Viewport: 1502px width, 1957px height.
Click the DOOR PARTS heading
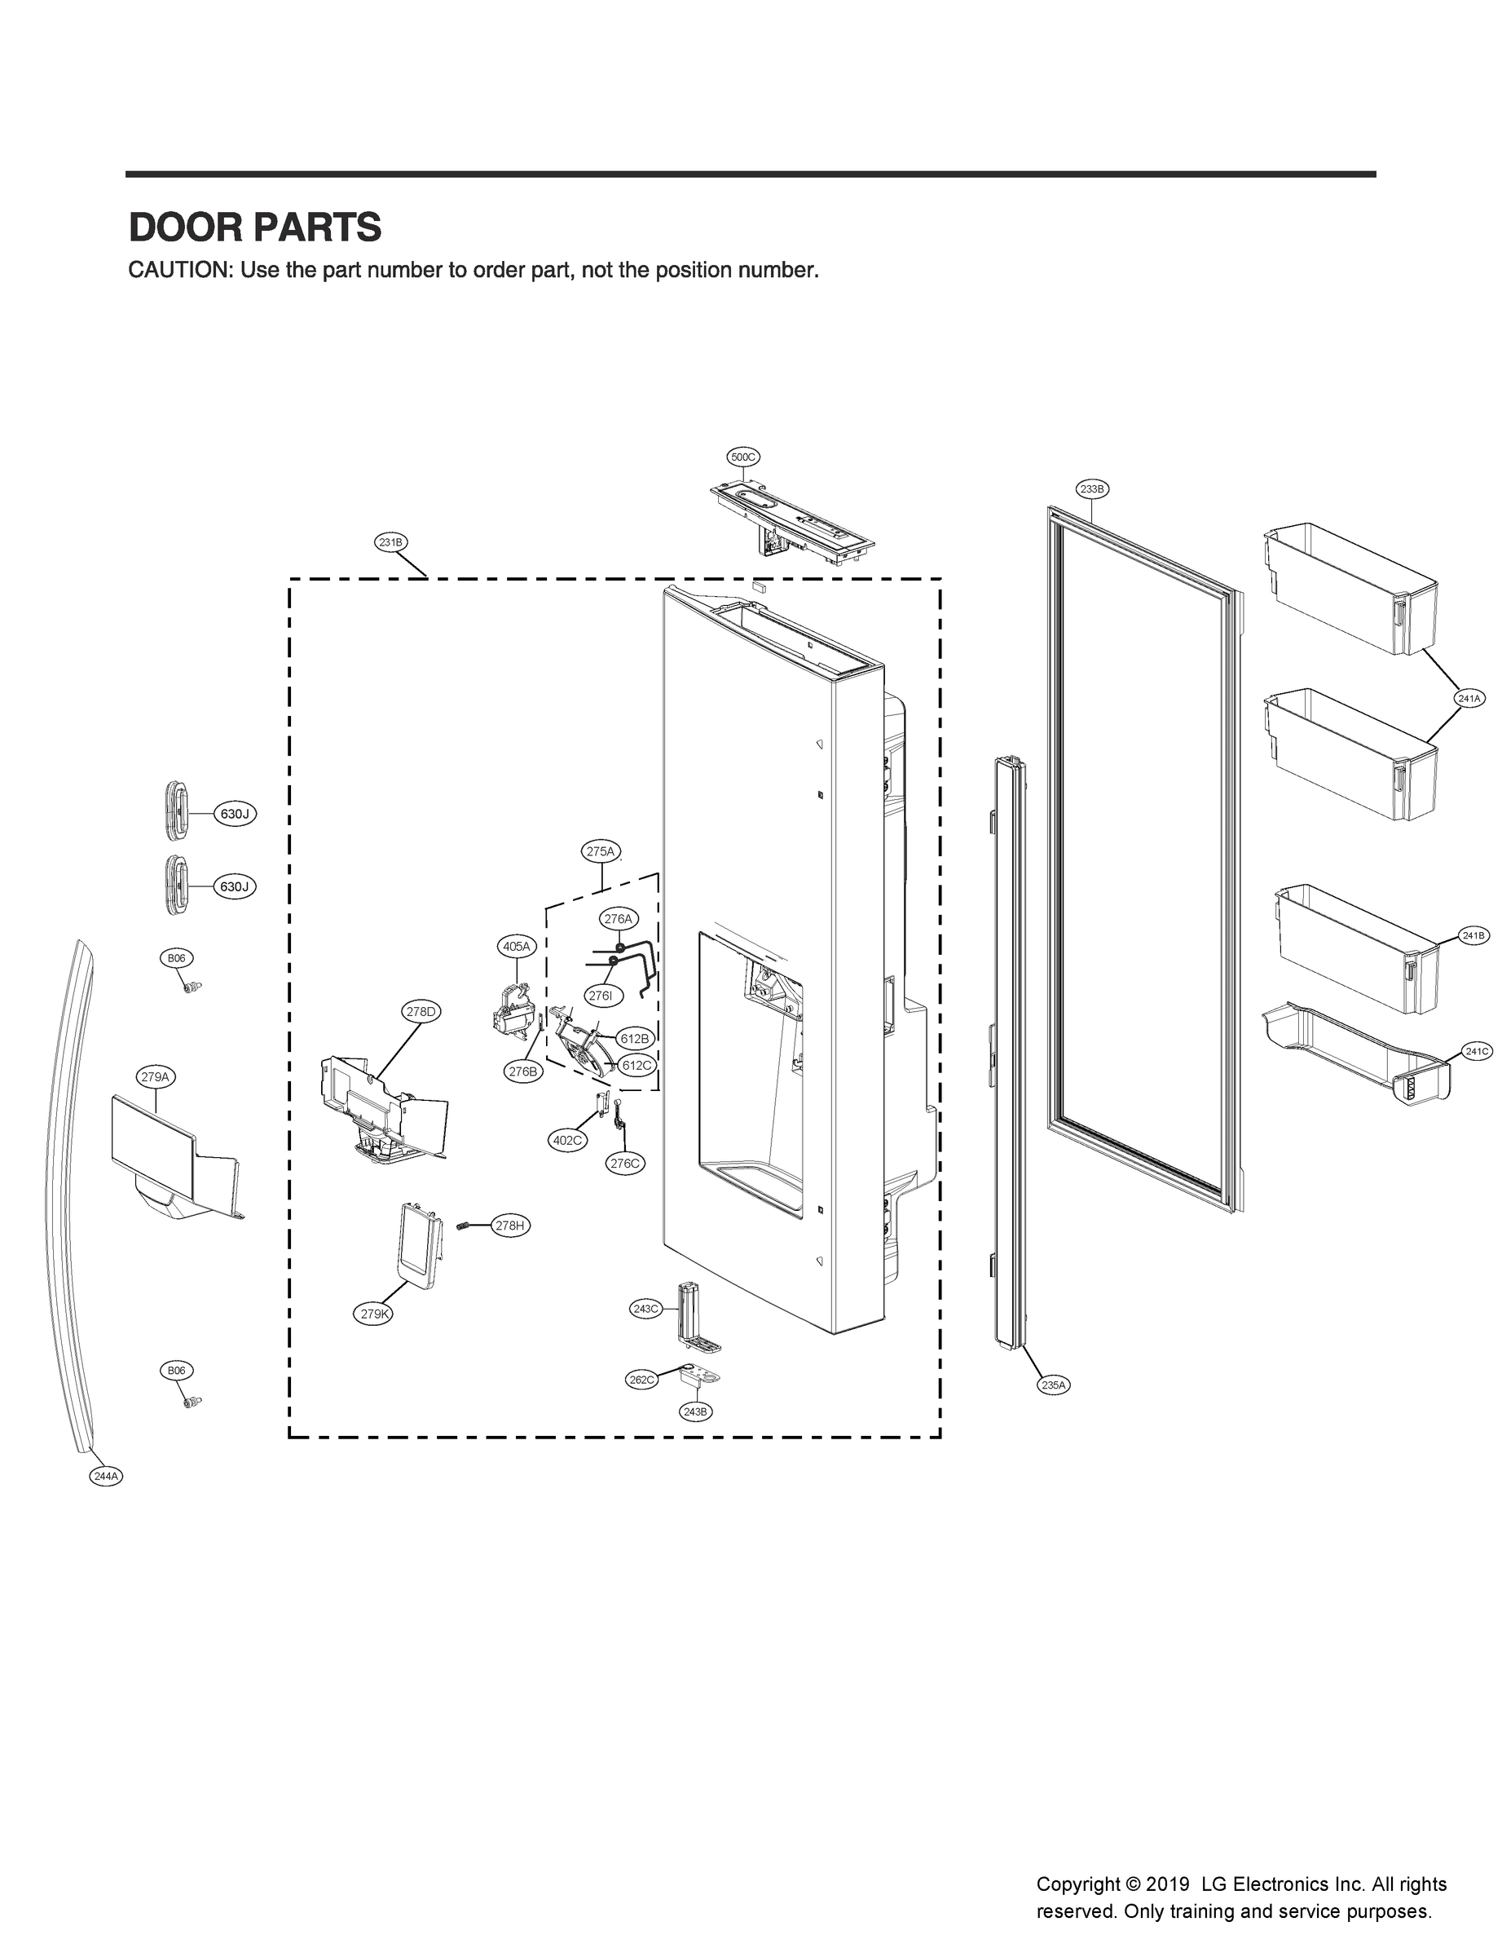pyautogui.click(x=255, y=228)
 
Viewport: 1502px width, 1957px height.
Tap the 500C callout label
pyautogui.click(x=743, y=457)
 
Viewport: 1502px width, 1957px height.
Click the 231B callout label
pyautogui.click(x=390, y=542)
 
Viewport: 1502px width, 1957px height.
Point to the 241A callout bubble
pyautogui.click(x=1469, y=698)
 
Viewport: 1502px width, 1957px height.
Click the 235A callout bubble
pyautogui.click(x=1053, y=1385)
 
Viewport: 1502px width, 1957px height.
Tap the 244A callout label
pyautogui.click(x=105, y=1477)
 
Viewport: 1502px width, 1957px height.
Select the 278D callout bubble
pyautogui.click(x=421, y=1012)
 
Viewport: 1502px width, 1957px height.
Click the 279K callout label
pyautogui.click(x=374, y=1314)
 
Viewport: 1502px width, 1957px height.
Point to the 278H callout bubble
pyautogui.click(x=509, y=1226)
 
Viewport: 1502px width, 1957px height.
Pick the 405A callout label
pyautogui.click(x=516, y=945)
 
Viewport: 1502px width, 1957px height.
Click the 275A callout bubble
pyautogui.click(x=601, y=851)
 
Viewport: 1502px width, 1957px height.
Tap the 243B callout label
pyautogui.click(x=694, y=1411)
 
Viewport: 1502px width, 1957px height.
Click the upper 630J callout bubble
pyautogui.click(x=234, y=814)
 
